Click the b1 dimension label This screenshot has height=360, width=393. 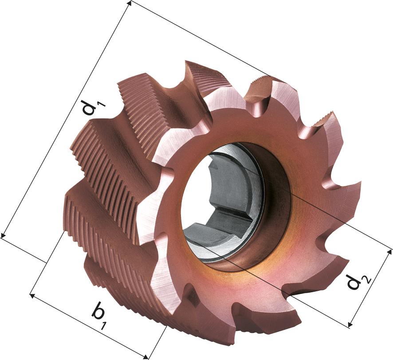[98, 316]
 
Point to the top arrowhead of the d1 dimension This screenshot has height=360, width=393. [130, 4]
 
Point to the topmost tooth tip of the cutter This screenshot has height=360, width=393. [186, 62]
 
